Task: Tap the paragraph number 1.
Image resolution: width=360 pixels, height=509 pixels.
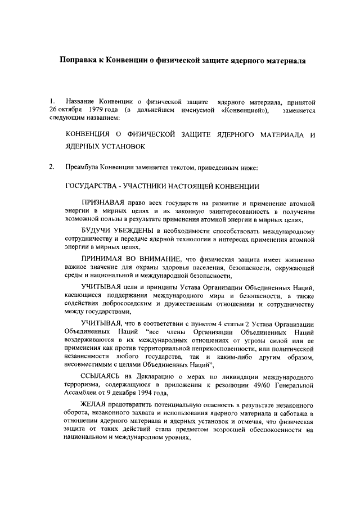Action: tap(51, 101)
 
